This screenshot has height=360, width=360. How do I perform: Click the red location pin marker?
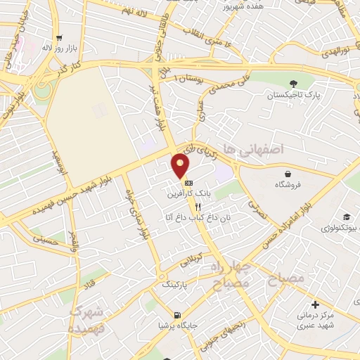pyautogui.click(x=181, y=166)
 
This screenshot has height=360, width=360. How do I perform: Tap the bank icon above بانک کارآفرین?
pyautogui.click(x=187, y=182)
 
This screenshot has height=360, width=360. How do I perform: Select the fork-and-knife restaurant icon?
pyautogui.click(x=198, y=207)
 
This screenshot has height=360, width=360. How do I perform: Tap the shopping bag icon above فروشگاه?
pyautogui.click(x=288, y=174)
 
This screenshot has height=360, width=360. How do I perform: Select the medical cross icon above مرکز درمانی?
pyautogui.click(x=315, y=304)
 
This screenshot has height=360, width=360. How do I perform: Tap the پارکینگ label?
pyautogui.click(x=176, y=285)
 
